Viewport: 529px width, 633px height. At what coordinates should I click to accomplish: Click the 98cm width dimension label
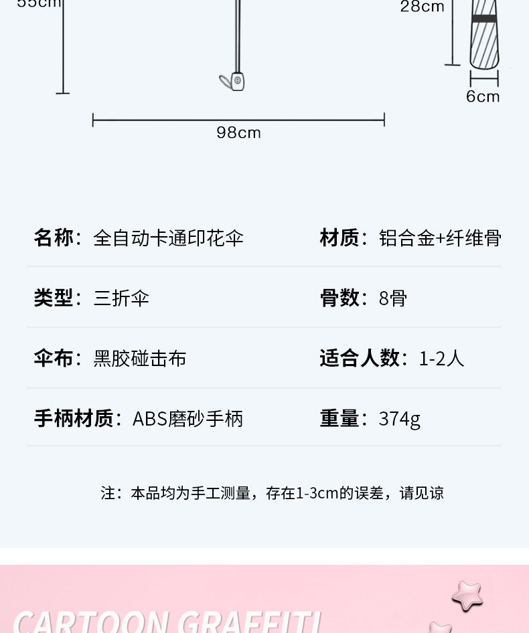pyautogui.click(x=238, y=132)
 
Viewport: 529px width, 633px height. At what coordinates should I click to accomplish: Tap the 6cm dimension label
pyautogui.click(x=483, y=96)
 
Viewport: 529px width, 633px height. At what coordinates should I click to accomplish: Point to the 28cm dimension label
pyautogui.click(x=423, y=7)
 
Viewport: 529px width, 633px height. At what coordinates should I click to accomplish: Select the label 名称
pyautogui.click(x=54, y=238)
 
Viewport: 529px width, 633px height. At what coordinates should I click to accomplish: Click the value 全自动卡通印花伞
pyautogui.click(x=168, y=238)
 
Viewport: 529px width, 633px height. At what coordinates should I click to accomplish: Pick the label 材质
pyautogui.click(x=339, y=238)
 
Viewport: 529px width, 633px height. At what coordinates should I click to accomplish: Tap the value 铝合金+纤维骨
pyautogui.click(x=440, y=238)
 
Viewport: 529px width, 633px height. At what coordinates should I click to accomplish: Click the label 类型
pyautogui.click(x=54, y=298)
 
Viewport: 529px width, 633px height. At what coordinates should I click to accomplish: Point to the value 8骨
pyautogui.click(x=392, y=298)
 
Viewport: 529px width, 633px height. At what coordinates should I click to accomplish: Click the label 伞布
pyautogui.click(x=54, y=358)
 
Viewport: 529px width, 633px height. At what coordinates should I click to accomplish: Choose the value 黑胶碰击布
pyautogui.click(x=140, y=358)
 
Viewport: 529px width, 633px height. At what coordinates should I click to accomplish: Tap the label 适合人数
pyautogui.click(x=359, y=358)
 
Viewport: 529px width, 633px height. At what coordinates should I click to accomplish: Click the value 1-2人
pyautogui.click(x=441, y=358)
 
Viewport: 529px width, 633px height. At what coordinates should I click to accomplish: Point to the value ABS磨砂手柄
pyautogui.click(x=187, y=419)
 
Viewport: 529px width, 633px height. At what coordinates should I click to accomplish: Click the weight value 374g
pyautogui.click(x=399, y=419)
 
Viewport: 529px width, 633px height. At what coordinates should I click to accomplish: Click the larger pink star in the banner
pyautogui.click(x=467, y=594)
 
